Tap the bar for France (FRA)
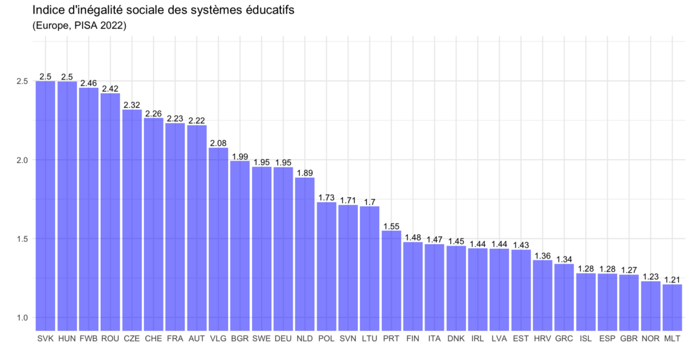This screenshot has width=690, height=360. (175, 226)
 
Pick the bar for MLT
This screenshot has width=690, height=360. (672, 307)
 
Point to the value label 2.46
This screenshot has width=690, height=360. (89, 83)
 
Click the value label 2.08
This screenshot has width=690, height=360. (218, 143)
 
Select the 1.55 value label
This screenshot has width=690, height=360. (391, 226)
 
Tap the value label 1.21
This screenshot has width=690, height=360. (672, 280)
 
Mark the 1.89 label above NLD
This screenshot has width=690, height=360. (305, 173)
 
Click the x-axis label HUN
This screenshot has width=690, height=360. (67, 339)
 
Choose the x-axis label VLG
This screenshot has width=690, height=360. (218, 339)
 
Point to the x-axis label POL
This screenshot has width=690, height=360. (326, 339)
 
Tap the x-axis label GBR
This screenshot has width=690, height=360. (629, 339)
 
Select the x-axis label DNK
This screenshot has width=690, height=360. (456, 339)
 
